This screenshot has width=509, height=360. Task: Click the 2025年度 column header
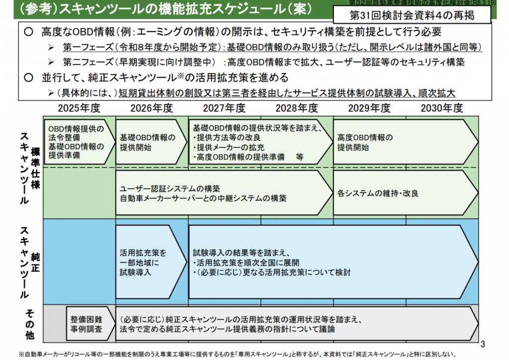(x=79, y=108)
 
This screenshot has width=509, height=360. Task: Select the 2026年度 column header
(x=152, y=108)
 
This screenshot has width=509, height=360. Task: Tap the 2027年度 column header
(x=224, y=108)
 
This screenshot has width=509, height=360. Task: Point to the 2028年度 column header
(x=297, y=108)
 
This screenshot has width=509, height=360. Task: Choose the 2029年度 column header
(x=369, y=108)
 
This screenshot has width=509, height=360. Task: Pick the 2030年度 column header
(x=442, y=108)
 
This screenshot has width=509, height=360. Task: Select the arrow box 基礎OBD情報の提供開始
(x=148, y=142)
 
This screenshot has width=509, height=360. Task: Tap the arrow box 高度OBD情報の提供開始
(x=403, y=142)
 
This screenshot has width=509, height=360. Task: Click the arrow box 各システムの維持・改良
(x=403, y=192)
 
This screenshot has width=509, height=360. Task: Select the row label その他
(x=29, y=324)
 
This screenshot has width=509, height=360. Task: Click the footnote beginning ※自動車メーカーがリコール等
(x=234, y=355)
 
